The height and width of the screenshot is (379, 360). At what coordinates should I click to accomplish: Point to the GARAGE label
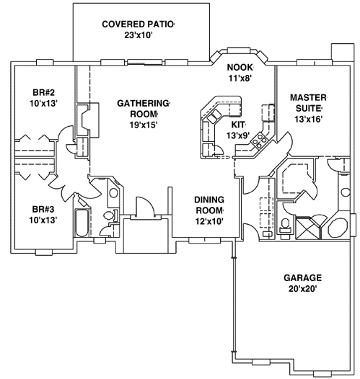tap(302, 277)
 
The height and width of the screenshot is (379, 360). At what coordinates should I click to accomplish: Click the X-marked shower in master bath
tap(307, 228)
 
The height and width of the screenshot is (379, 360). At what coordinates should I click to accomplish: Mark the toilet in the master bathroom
tap(286, 224)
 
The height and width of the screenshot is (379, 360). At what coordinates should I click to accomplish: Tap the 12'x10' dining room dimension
tap(211, 220)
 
